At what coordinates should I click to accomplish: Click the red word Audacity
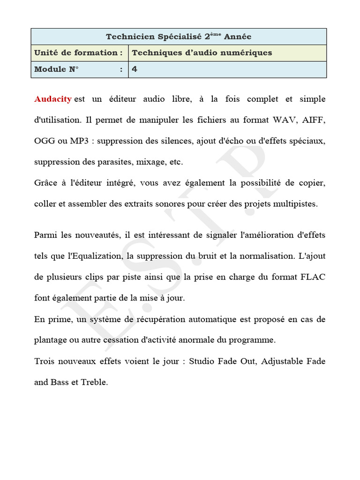(53, 99)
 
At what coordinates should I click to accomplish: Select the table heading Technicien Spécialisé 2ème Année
(179, 37)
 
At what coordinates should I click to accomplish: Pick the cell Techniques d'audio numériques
(202, 53)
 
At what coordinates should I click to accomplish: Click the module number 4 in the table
(135, 69)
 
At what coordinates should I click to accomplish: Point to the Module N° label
(57, 69)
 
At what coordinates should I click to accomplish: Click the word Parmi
(46, 234)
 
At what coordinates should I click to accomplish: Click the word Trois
(45, 361)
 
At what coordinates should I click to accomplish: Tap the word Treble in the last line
(94, 382)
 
